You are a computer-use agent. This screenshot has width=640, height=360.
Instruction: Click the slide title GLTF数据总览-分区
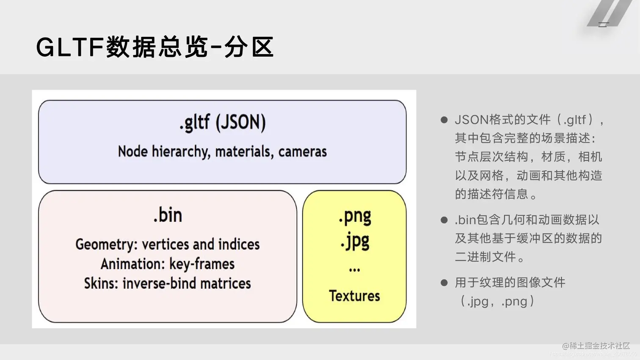pos(155,47)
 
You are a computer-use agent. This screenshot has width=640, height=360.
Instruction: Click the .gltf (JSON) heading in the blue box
pos(222,123)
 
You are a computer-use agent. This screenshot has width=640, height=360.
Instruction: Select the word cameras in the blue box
pos(302,151)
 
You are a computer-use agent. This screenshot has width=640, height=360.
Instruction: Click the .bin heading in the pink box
pos(168,215)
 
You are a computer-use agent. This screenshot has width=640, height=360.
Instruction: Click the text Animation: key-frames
pos(168,264)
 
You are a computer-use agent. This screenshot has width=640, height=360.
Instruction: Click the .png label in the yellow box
pos(355,216)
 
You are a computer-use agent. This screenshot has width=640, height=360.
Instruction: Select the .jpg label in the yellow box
pos(355,241)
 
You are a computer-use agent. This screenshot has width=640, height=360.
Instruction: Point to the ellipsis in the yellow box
pos(355,269)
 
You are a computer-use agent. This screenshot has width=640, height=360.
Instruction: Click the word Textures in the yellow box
pos(354,296)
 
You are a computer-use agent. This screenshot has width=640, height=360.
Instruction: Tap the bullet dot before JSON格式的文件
pos(444,120)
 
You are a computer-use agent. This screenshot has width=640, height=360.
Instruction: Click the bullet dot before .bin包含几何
pos(444,220)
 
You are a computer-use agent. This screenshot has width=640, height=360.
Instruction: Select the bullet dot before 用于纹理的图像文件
pos(444,283)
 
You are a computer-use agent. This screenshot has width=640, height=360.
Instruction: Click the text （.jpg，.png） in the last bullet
pos(497,301)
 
